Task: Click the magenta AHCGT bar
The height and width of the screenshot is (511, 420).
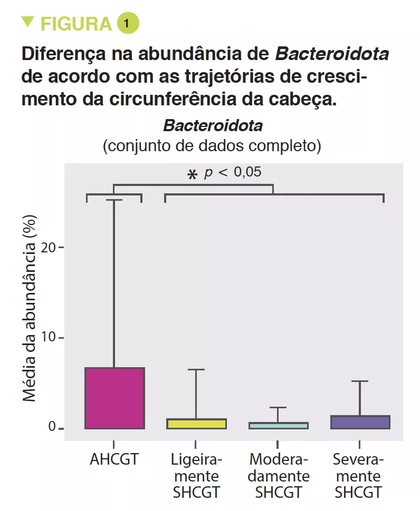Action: (x=114, y=398)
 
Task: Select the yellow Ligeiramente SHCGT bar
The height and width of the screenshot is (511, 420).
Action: (x=196, y=424)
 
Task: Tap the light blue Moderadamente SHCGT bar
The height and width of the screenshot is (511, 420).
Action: (x=278, y=425)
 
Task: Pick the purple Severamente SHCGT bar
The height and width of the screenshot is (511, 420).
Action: (x=360, y=422)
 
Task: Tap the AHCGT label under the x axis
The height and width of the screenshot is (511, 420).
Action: (x=114, y=459)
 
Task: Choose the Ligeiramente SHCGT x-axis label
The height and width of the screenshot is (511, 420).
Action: (x=196, y=476)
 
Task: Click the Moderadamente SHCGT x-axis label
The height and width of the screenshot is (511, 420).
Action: (x=279, y=476)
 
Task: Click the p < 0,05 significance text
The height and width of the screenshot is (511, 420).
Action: (x=233, y=172)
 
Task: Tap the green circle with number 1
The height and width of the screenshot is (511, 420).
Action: (x=128, y=23)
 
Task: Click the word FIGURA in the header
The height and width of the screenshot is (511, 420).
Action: (x=76, y=24)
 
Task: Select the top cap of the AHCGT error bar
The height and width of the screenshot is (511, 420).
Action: (x=114, y=200)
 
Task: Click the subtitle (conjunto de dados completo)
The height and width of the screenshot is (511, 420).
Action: (x=212, y=145)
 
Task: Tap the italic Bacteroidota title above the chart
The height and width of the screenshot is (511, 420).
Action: (x=213, y=126)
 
